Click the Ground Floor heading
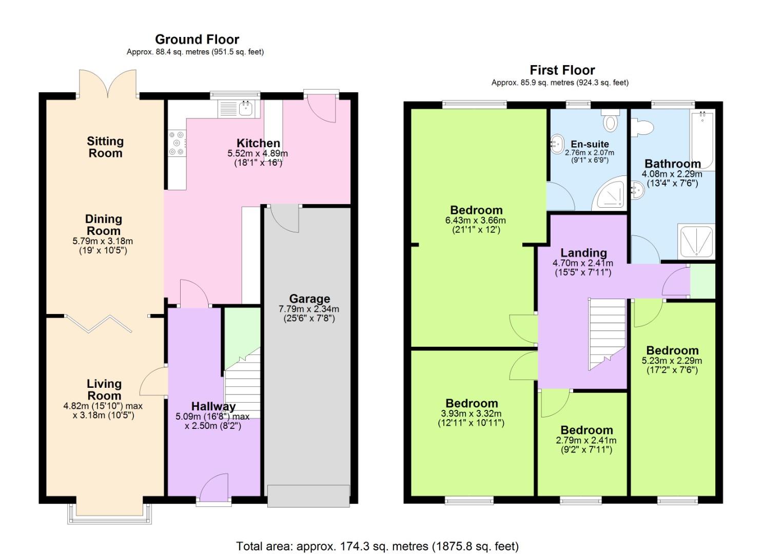197,39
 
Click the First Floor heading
562,70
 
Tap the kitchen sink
246,108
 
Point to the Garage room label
309,299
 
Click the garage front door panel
308,496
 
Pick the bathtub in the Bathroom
702,140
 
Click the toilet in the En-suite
610,122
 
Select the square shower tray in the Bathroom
695,241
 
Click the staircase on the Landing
607,331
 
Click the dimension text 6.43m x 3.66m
475,221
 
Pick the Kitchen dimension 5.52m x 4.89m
257,153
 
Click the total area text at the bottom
377,546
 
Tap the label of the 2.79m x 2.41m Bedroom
586,430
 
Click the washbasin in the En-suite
557,145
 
